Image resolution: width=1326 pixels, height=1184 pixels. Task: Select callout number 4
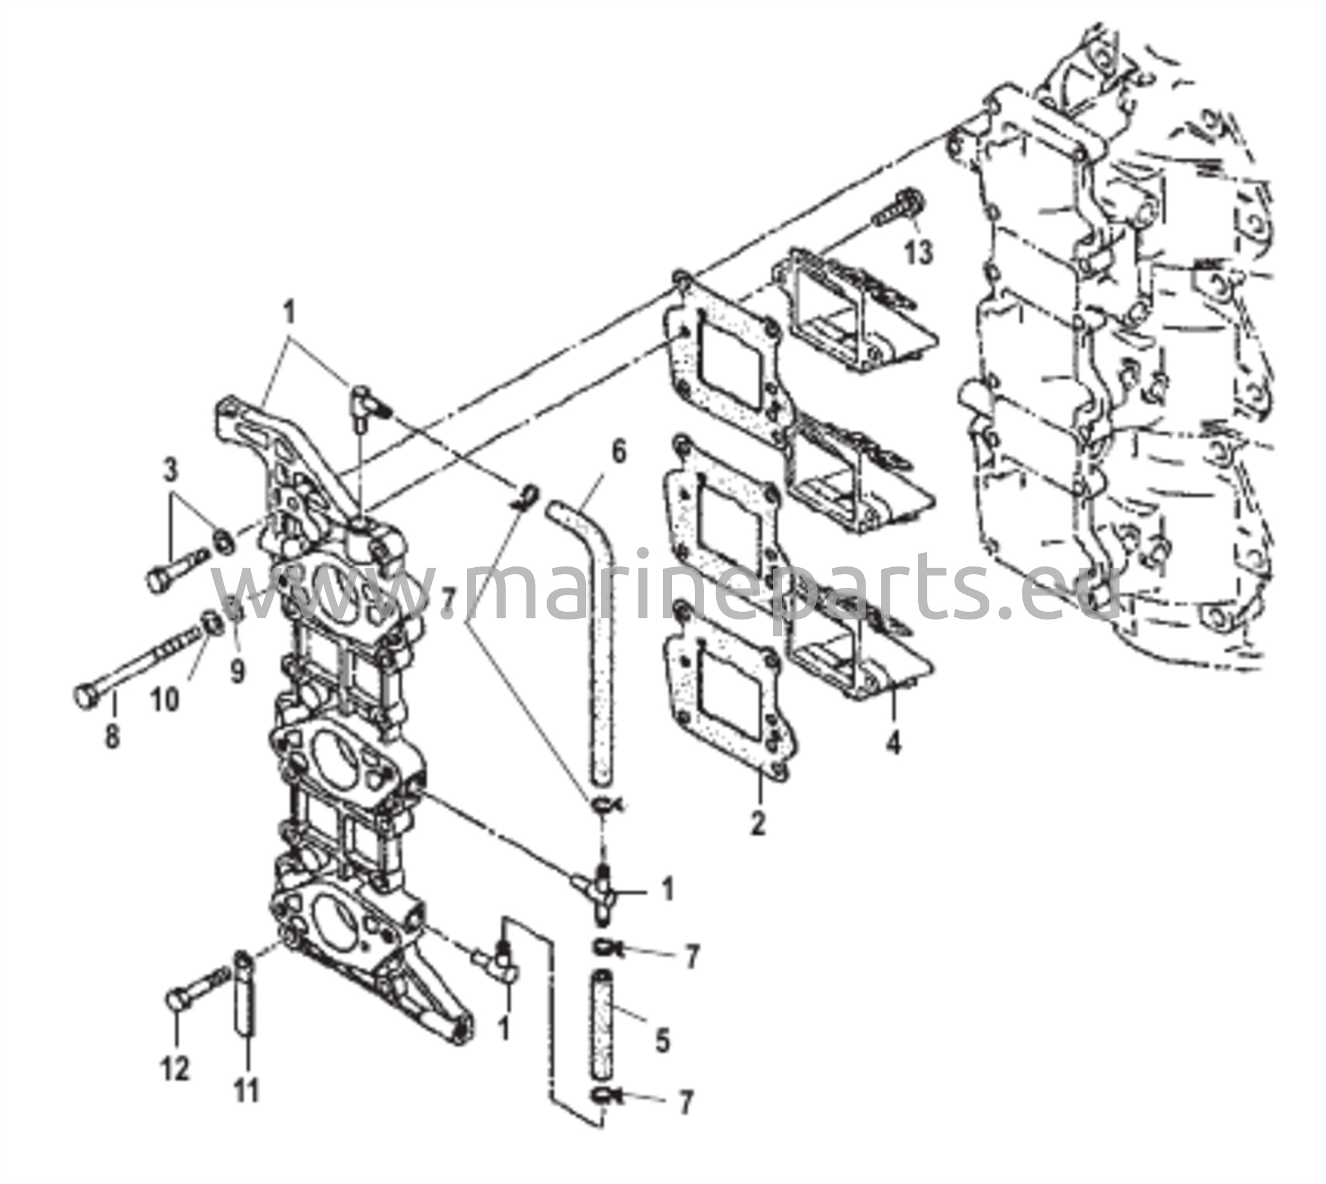(895, 742)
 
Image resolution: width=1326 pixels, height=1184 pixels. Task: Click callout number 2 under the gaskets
(758, 824)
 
